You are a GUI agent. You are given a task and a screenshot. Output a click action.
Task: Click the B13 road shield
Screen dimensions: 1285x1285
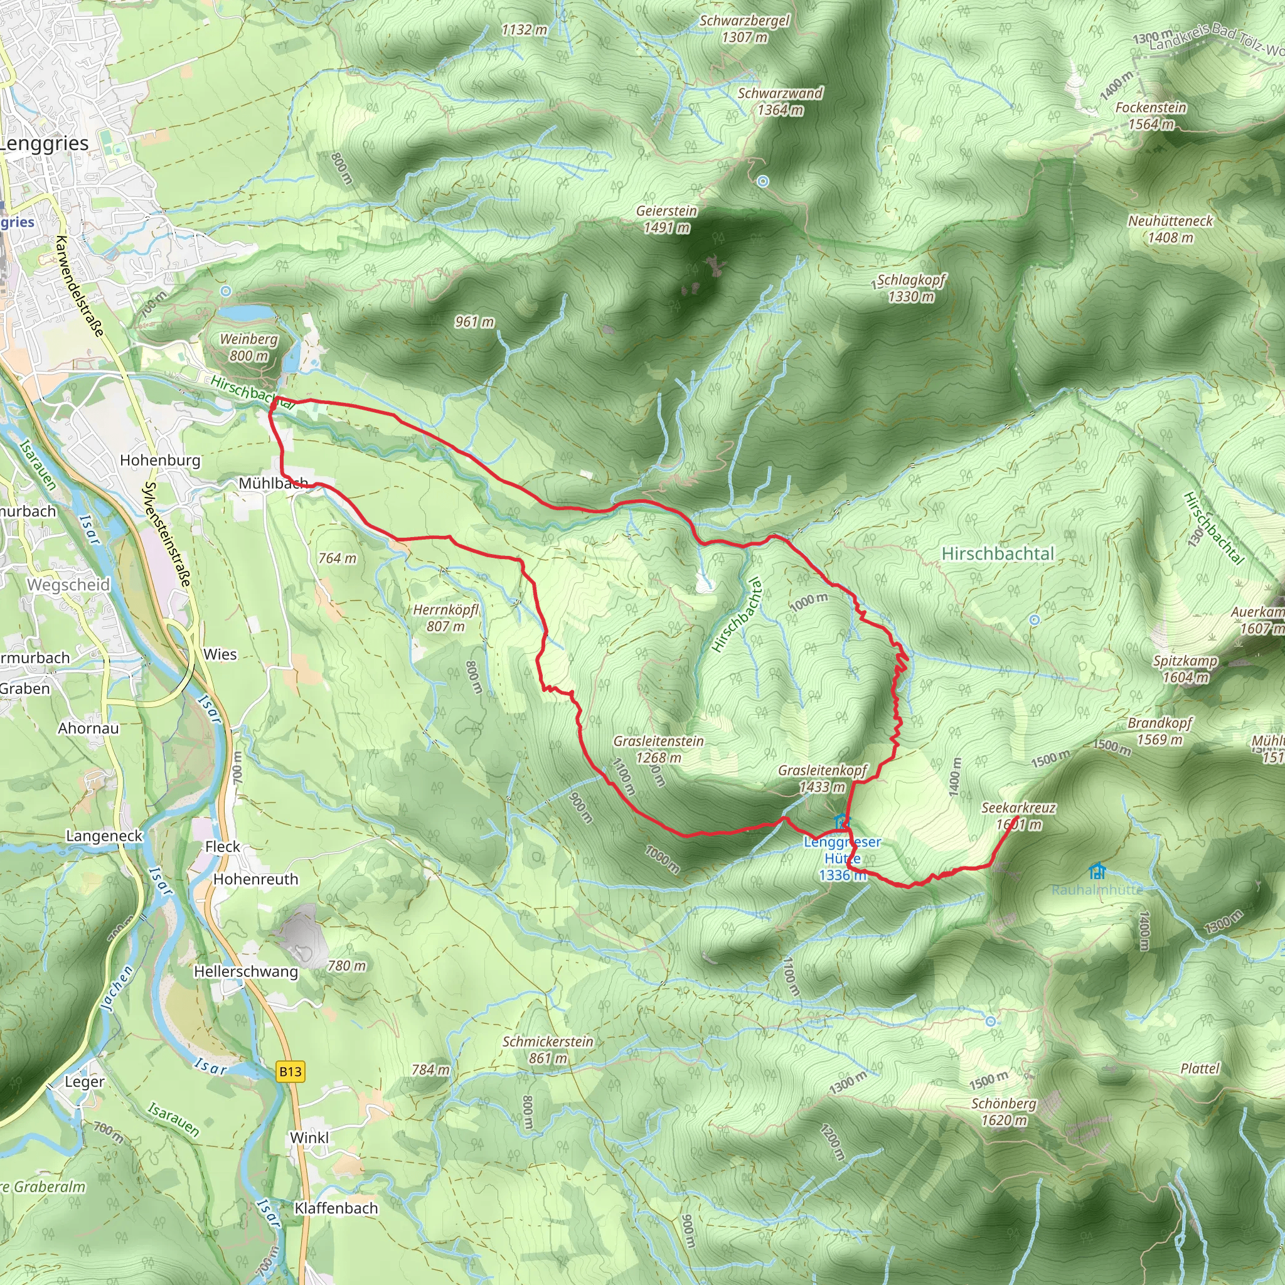pyautogui.click(x=291, y=1072)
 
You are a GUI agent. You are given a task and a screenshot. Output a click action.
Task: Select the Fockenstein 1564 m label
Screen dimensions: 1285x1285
pyautogui.click(x=1151, y=115)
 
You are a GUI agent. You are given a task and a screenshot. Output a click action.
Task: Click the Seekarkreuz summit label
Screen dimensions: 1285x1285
pyautogui.click(x=1018, y=816)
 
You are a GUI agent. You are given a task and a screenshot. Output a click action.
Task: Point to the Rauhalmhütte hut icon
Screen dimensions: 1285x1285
pyautogui.click(x=1097, y=871)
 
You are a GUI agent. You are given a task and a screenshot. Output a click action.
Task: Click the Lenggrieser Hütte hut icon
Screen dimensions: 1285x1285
pyautogui.click(x=841, y=822)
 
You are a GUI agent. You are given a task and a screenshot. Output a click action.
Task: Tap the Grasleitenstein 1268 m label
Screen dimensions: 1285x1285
pyautogui.click(x=658, y=749)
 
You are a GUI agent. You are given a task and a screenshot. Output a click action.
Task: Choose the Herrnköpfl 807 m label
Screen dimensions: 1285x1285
pyautogui.click(x=445, y=617)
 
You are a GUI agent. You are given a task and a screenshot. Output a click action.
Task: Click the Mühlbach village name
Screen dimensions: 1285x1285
pyautogui.click(x=274, y=483)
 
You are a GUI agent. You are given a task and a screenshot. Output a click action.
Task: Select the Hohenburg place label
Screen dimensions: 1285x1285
pyautogui.click(x=159, y=461)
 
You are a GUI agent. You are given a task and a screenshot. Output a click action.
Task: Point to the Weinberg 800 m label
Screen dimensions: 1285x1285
pyautogui.click(x=248, y=347)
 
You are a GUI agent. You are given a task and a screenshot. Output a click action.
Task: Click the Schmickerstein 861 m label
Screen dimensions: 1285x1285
pyautogui.click(x=547, y=1050)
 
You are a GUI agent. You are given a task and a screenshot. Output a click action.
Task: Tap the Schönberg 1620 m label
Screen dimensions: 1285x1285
pyautogui.click(x=1004, y=1111)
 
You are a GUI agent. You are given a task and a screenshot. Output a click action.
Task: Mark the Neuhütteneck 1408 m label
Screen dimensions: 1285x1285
pyautogui.click(x=1170, y=229)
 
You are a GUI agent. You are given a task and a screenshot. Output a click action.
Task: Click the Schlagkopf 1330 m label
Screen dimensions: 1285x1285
pyautogui.click(x=910, y=288)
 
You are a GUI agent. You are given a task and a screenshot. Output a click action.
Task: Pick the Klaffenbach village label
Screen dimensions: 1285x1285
pyautogui.click(x=336, y=1208)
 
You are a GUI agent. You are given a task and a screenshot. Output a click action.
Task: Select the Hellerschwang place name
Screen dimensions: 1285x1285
pyautogui.click(x=245, y=971)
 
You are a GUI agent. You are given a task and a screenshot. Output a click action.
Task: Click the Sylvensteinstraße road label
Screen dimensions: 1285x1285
pyautogui.click(x=168, y=534)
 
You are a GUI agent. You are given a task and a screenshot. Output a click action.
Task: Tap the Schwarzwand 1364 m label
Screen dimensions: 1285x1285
pyautogui.click(x=780, y=101)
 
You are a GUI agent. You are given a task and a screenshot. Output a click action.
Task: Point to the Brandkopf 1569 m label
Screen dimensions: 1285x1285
pyautogui.click(x=1160, y=731)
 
